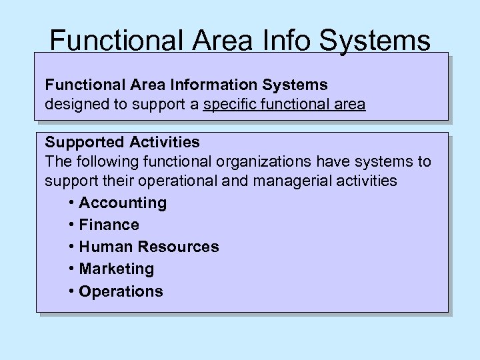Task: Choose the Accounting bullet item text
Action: click(x=123, y=203)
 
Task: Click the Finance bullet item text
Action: click(x=109, y=225)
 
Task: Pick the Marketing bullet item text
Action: click(x=116, y=269)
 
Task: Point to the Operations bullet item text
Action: click(x=121, y=291)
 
